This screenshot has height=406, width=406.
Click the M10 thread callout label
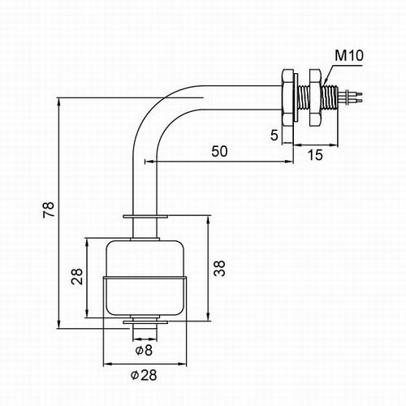(349, 55)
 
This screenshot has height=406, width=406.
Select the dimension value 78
(49, 209)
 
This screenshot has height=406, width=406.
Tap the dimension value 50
(219, 151)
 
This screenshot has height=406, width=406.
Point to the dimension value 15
(315, 155)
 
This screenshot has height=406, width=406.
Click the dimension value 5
(274, 135)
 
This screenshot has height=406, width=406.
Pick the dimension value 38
(219, 268)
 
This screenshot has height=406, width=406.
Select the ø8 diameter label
(144, 350)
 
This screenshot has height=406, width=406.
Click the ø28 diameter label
(144, 375)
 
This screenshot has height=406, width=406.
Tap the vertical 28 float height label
(77, 276)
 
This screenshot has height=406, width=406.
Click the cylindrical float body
(145, 278)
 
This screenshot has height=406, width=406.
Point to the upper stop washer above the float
(145, 217)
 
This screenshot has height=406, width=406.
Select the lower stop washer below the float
(145, 322)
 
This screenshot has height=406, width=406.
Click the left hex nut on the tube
(287, 97)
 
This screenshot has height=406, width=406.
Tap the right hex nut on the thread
(315, 97)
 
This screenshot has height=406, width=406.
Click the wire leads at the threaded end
(350, 97)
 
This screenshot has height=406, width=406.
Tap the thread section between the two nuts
(303, 97)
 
